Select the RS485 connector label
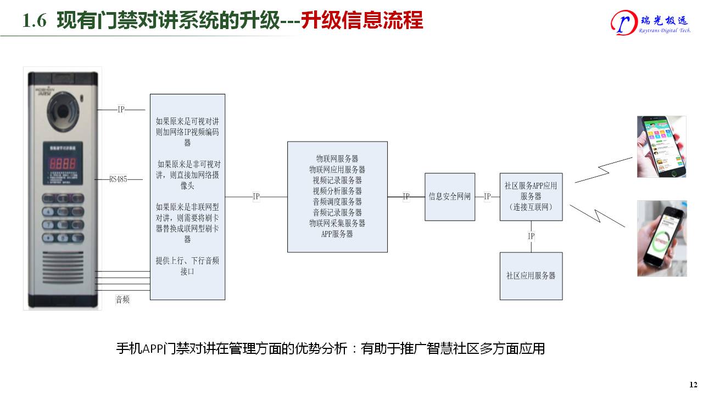[118, 179]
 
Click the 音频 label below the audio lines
[122, 300]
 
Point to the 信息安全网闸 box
[450, 196]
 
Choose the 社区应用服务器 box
[531, 275]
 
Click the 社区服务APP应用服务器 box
[531, 196]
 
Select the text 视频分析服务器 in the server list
[337, 191]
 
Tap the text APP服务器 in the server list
[337, 234]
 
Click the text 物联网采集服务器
[337, 223]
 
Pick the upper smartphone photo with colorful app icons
[661, 146]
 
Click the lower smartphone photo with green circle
[661, 238]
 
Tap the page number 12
[693, 383]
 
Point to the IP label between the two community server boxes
[531, 236]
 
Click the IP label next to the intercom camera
[121, 110]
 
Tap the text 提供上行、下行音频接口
[187, 266]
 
